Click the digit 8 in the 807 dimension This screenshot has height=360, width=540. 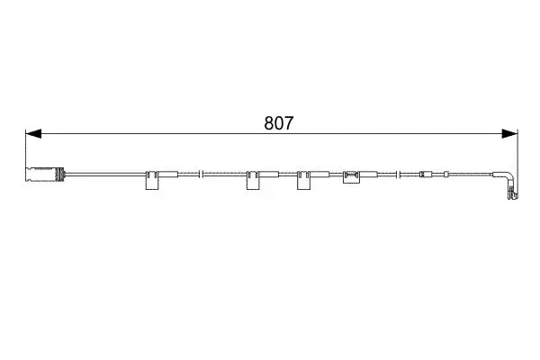coord(269,123)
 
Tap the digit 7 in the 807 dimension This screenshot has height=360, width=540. coord(289,123)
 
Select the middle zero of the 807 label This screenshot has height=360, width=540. coord(279,123)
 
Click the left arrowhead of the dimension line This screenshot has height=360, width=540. coord(33,134)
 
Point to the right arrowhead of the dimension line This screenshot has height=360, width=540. coord(509,134)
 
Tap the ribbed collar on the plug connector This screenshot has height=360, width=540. coord(61,175)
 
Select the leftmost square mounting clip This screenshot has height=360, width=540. coord(152,180)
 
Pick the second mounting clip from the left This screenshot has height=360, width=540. coord(253,180)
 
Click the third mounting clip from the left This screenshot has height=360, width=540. coord(303,180)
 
